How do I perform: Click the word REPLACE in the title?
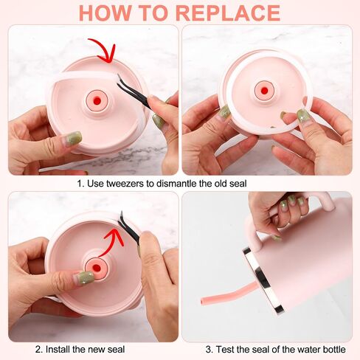[229, 13]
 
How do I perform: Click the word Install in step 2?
[58, 349]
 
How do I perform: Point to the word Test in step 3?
[224, 349]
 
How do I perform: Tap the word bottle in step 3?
[333, 349]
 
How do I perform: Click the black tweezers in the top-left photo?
[135, 93]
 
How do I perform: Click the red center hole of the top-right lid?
[264, 91]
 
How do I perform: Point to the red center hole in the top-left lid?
[97, 100]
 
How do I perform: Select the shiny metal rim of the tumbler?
[263, 280]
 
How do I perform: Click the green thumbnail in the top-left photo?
[73, 138]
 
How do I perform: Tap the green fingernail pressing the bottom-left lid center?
[85, 277]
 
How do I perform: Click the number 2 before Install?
[38, 349]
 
